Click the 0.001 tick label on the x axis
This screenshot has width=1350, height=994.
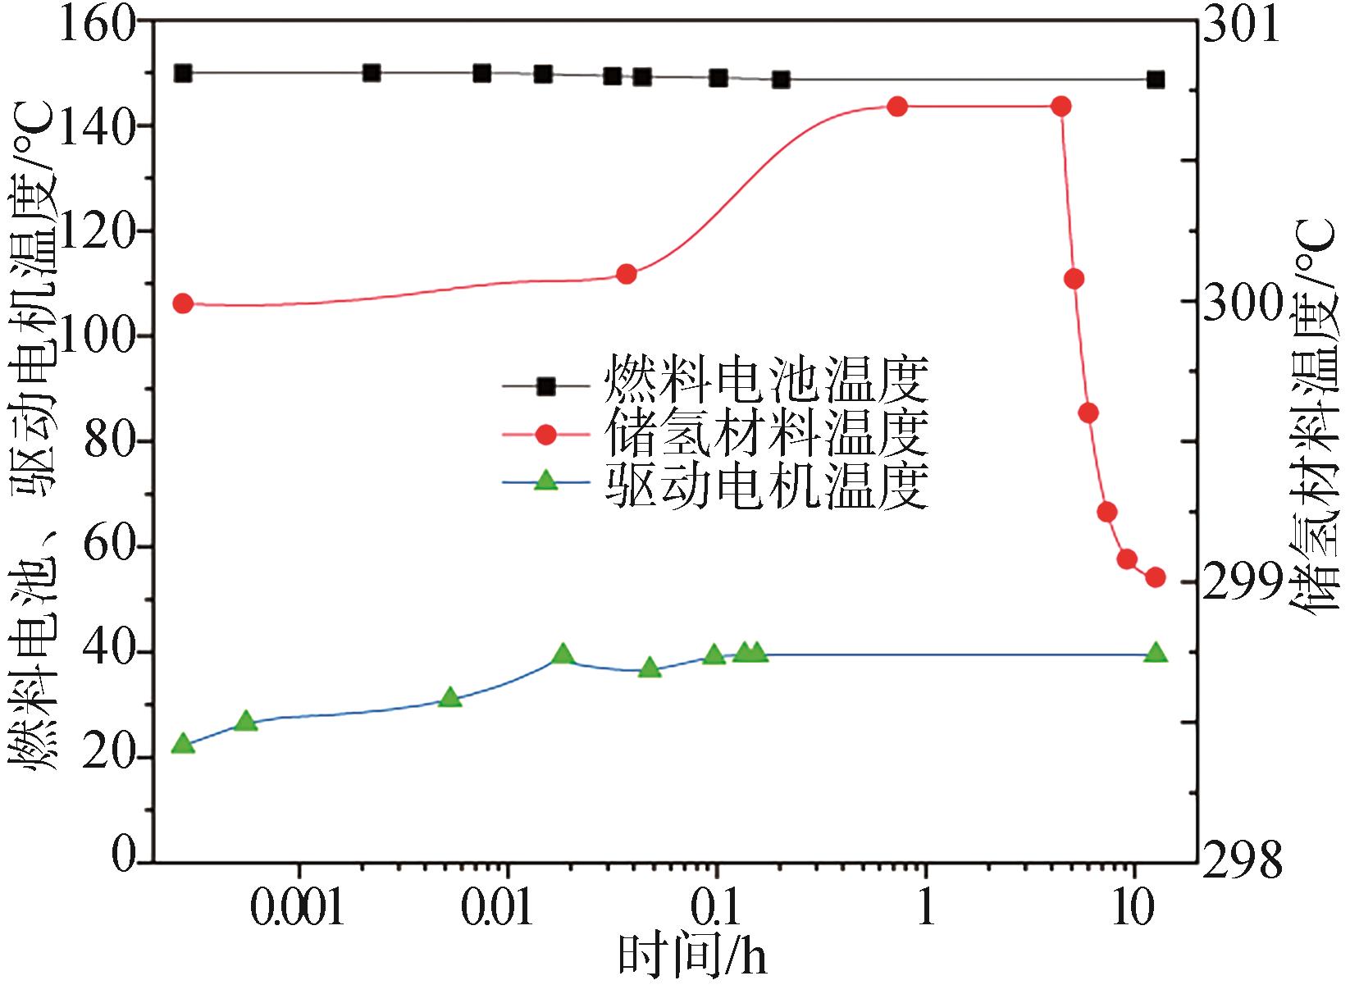[298, 909]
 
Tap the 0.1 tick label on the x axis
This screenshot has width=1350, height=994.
[714, 909]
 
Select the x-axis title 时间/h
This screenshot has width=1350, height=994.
[693, 955]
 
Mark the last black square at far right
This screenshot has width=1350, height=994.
[1156, 80]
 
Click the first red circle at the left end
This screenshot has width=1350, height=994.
[184, 303]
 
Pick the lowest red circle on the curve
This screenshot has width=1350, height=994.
[1156, 577]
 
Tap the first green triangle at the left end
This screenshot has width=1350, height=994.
[184, 745]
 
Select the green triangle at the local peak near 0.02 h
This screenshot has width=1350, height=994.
[563, 654]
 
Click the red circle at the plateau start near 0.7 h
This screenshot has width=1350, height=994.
[897, 107]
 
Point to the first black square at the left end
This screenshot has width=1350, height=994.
[184, 73]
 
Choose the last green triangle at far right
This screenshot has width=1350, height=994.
[1156, 653]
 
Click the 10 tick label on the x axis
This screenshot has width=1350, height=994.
[1133, 909]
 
